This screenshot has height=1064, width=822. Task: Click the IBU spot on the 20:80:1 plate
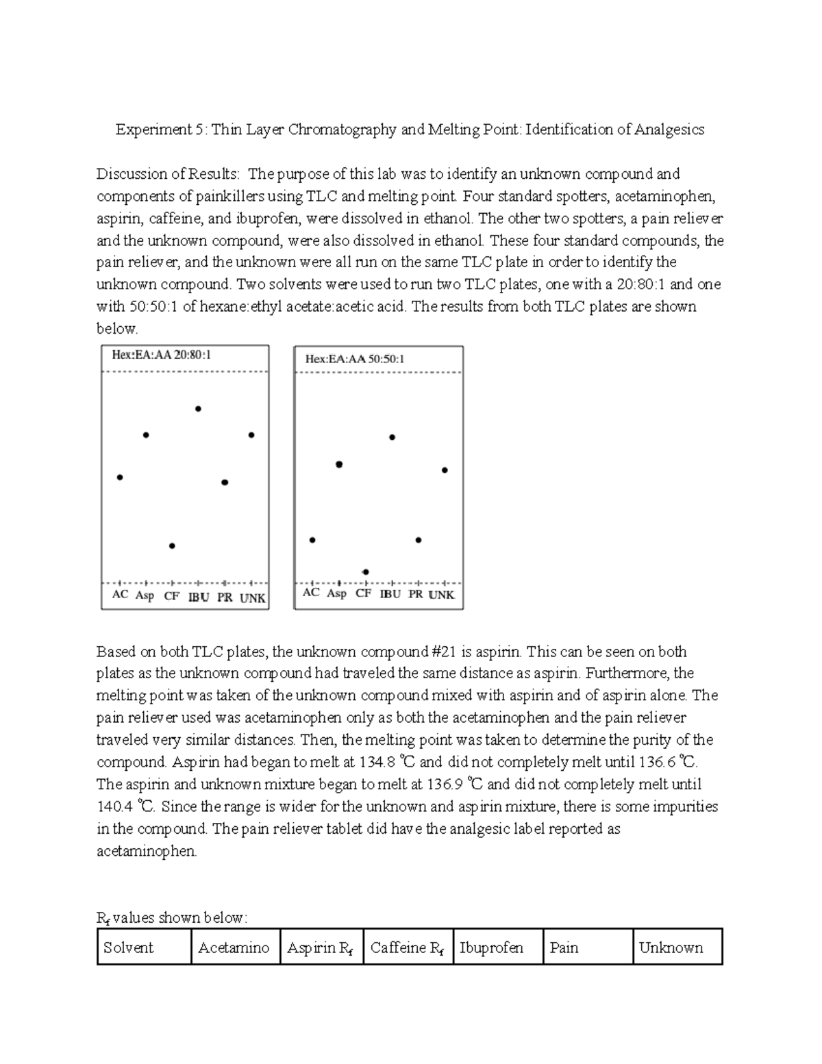coord(198,409)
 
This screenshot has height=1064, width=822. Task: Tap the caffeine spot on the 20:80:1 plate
coord(172,546)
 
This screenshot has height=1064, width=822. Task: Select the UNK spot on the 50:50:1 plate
coord(445,470)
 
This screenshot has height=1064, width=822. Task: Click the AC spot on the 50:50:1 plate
coord(312,540)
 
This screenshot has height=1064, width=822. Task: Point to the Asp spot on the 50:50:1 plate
coord(339,465)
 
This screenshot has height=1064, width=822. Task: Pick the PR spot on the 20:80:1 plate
coord(225,482)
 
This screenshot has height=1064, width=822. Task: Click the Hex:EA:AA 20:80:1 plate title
coord(161,355)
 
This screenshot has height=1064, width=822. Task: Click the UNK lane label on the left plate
coord(252,597)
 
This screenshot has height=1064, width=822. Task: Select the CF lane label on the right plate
coord(363,593)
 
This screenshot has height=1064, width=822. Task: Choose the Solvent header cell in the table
coord(128,948)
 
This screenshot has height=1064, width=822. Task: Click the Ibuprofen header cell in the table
coord(491,948)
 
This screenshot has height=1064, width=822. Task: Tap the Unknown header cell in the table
coord(671,948)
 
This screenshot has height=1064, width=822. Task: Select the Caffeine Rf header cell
coord(407,948)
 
